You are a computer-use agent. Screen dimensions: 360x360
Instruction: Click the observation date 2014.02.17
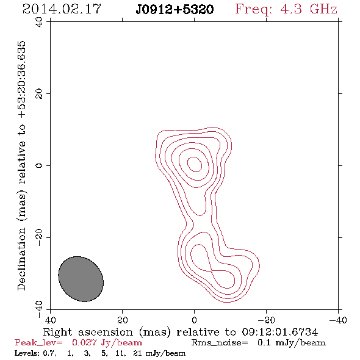pos(62,9)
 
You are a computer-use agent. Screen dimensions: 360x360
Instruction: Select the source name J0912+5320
pos(175,10)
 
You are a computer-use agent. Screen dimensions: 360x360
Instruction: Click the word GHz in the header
pos(324,9)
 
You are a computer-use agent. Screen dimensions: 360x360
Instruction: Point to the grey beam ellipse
pos(81,279)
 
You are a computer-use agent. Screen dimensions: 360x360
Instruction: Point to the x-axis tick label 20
pos(123,320)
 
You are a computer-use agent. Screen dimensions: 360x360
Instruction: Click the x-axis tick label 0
pos(194,320)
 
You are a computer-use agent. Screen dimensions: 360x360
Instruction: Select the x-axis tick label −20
pos(266,320)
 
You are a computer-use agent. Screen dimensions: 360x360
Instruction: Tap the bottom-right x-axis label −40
pos(338,320)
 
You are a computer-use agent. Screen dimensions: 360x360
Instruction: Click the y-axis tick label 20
pos(39,94)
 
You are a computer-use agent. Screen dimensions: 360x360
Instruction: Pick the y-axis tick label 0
pos(39,165)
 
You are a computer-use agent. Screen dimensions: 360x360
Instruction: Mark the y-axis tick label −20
pos(39,237)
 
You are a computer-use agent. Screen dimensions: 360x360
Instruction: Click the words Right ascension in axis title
pos(88,333)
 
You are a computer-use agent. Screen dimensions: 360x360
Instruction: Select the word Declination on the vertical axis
pos(21,259)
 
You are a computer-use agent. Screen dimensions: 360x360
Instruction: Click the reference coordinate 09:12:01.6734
pos(280,332)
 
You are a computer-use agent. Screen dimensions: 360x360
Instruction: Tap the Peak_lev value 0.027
pos(84,343)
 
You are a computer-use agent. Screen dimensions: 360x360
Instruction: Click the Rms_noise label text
pos(220,343)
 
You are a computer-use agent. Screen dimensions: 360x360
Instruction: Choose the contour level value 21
pos(137,353)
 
